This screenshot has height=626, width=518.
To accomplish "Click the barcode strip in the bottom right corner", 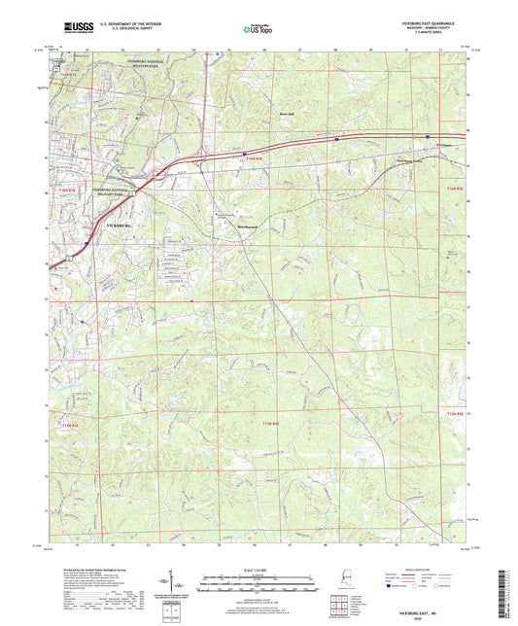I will (x=507, y=585).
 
